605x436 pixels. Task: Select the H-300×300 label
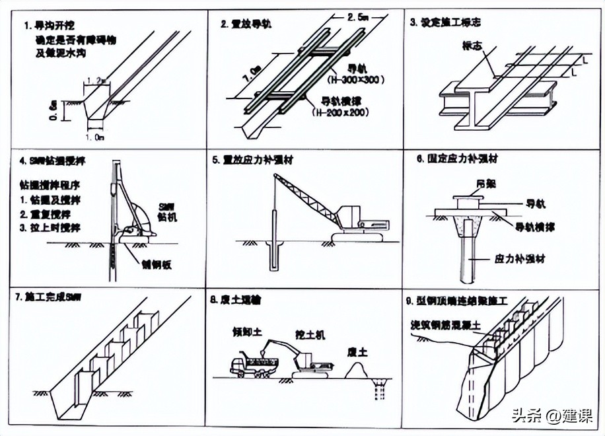coord(346,79)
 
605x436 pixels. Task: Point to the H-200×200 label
coord(339,113)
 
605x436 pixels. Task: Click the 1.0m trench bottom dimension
coord(95,137)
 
